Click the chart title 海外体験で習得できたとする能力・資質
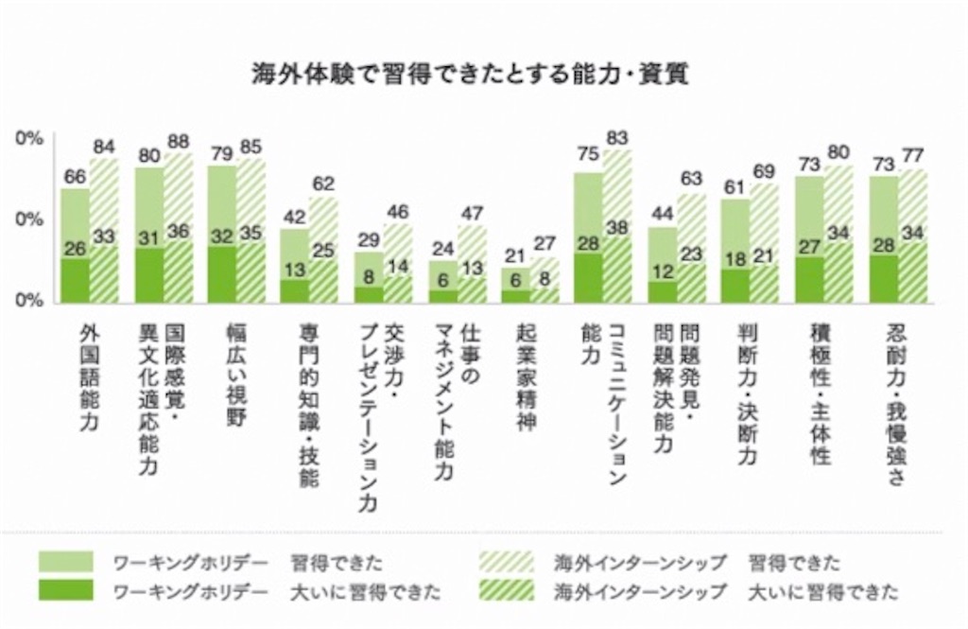pyautogui.click(x=470, y=75)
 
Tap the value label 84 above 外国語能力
pyautogui.click(x=104, y=147)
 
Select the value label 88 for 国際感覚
pyautogui.click(x=179, y=142)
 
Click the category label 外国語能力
pyautogui.click(x=90, y=377)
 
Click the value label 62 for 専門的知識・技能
pyautogui.click(x=323, y=183)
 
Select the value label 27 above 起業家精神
pyautogui.click(x=544, y=243)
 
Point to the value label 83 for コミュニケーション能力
pyautogui.click(x=617, y=138)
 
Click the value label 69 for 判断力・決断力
pyautogui.click(x=765, y=170)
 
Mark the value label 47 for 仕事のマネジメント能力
pyautogui.click(x=473, y=213)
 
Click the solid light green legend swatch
pyautogui.click(x=66, y=562)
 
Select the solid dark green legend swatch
pyautogui.click(x=66, y=589)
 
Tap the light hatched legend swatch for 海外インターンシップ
pyautogui.click(x=507, y=562)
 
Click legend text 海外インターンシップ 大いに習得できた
pyautogui.click(x=726, y=592)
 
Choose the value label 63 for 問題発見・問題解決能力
pyautogui.click(x=691, y=179)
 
